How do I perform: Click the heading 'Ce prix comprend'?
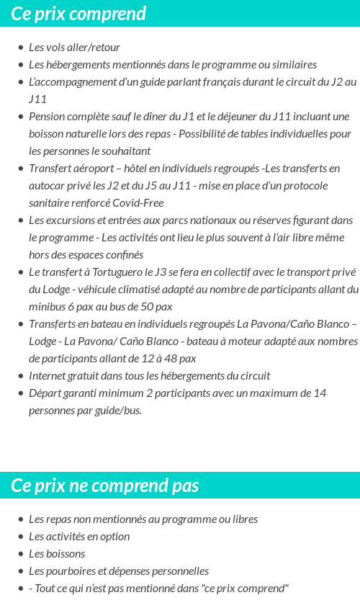point(78,14)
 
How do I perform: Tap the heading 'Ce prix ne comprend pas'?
point(104,486)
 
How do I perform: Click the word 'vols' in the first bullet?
point(57,48)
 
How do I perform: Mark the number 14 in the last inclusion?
point(320,393)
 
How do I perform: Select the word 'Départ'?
point(46,393)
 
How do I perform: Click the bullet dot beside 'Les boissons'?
point(20,554)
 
